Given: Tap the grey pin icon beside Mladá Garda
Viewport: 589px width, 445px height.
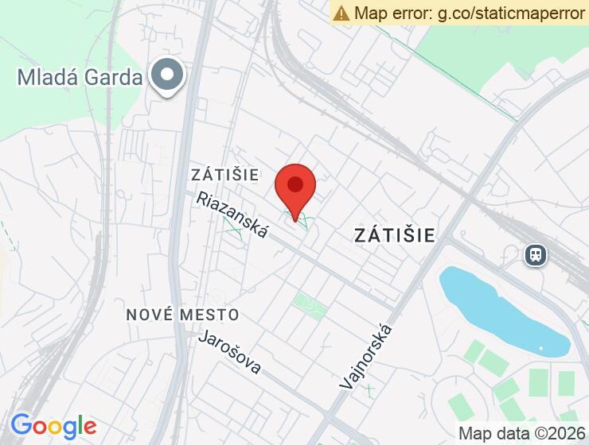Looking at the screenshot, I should coord(167,75).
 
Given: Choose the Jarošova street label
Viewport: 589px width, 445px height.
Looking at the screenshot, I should coord(230,351).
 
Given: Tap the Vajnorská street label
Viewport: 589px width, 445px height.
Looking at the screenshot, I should coord(366,355).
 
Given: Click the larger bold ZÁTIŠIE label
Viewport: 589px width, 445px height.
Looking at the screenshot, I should coord(395,234).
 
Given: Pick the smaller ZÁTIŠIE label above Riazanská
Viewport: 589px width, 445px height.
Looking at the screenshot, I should coord(225,174).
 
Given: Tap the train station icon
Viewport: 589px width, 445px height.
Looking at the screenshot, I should coord(535,254).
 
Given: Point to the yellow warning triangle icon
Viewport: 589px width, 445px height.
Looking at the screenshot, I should coord(341,13).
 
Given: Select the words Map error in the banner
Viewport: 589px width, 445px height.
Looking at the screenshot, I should coord(392,13).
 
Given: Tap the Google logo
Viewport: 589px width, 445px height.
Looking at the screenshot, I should coord(53,426).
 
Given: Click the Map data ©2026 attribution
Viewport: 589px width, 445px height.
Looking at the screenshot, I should coord(521,434).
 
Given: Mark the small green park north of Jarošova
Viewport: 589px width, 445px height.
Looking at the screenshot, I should coord(309,304).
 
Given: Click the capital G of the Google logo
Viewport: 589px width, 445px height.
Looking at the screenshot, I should coord(21,425).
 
